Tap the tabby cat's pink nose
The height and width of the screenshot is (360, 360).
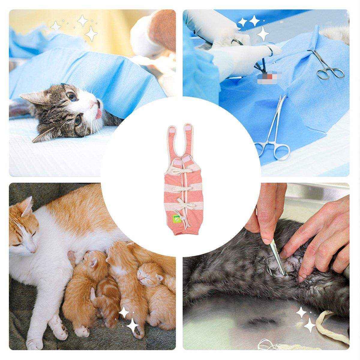(93, 103)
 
